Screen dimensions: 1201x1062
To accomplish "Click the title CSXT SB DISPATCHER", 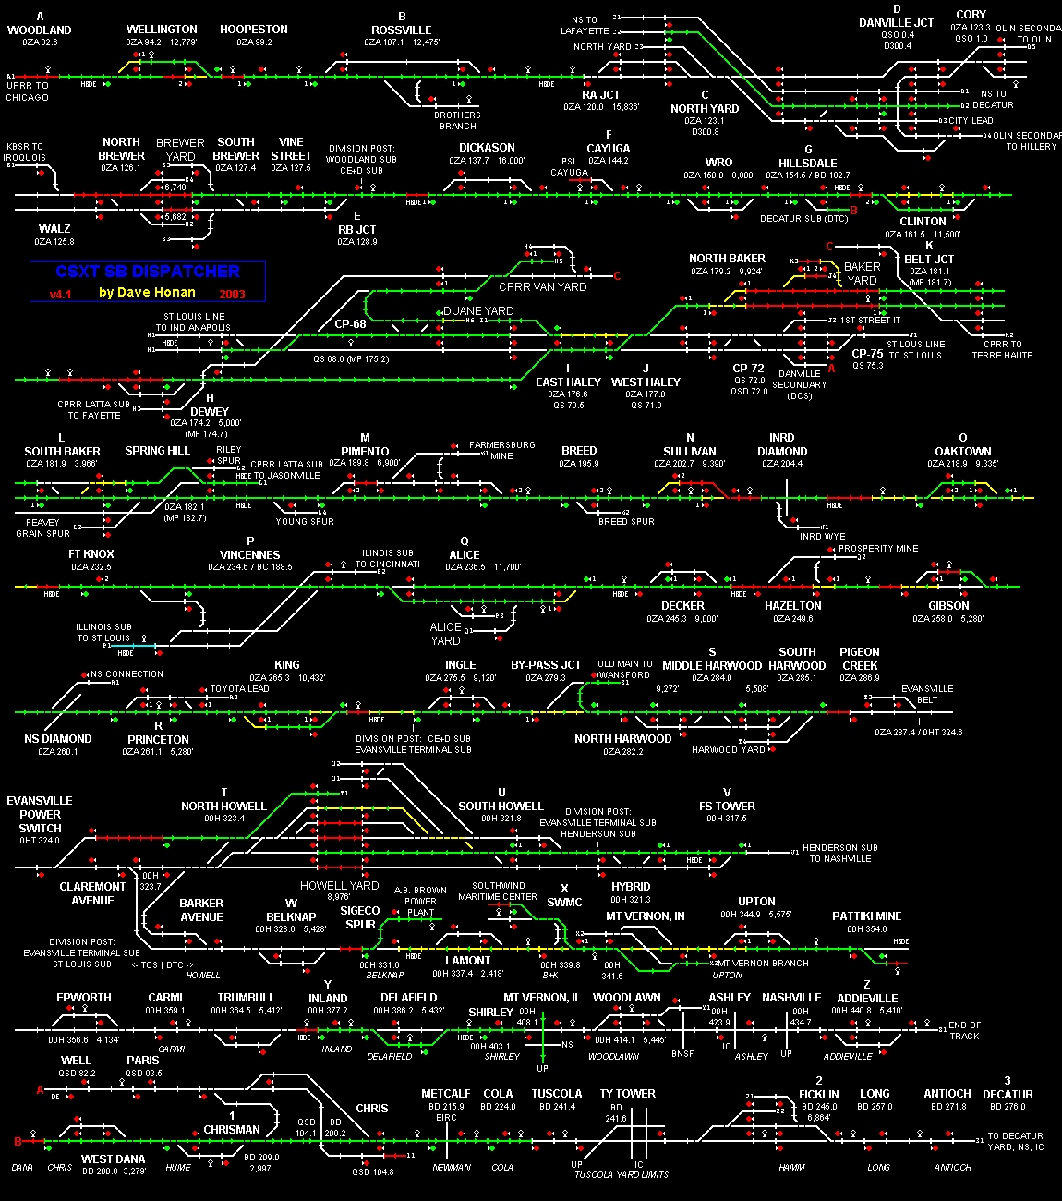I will click(x=148, y=272).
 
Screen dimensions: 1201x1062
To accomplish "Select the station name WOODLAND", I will click(x=40, y=30).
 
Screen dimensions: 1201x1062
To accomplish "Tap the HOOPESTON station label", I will click(x=254, y=30).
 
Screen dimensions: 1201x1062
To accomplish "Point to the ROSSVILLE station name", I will click(x=402, y=30).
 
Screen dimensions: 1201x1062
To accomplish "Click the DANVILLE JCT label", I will click(x=896, y=22).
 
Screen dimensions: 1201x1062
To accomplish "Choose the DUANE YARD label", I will click(x=478, y=311).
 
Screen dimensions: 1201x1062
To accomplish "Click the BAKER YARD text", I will click(x=863, y=273).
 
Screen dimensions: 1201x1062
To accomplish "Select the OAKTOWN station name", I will click(x=962, y=451).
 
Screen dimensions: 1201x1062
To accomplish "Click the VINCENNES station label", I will click(x=249, y=555).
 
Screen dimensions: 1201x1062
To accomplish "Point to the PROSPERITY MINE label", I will click(x=878, y=549).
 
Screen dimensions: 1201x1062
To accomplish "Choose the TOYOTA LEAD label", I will click(x=240, y=689).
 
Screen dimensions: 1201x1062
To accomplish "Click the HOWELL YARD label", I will click(x=340, y=885).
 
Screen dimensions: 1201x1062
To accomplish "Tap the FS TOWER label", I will click(x=727, y=806).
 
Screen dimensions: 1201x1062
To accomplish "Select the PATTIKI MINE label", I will click(x=866, y=916).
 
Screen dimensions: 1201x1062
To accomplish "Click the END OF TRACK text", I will click(x=965, y=1031).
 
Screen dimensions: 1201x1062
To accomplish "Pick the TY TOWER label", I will click(x=628, y=1094).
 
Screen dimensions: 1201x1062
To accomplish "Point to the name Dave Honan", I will click(x=148, y=293).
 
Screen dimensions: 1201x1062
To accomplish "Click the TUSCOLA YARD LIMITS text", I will click(x=621, y=1174).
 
